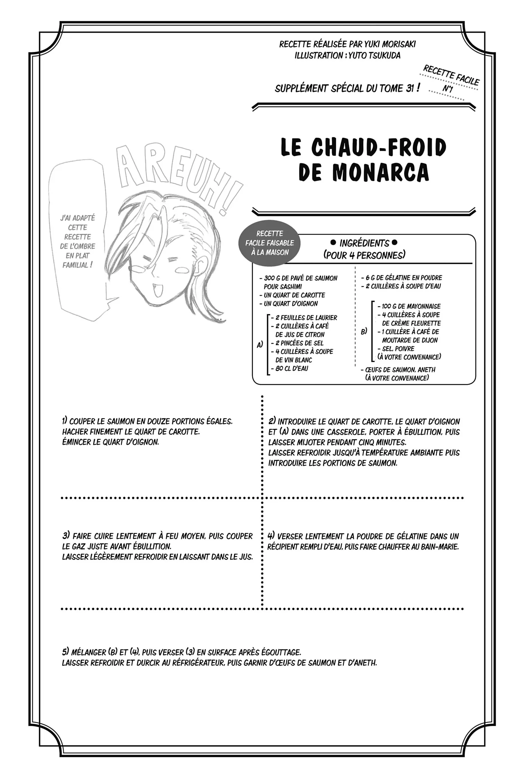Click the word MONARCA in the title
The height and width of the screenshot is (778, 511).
coord(381,172)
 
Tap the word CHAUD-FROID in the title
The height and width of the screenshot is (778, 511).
coord(379,147)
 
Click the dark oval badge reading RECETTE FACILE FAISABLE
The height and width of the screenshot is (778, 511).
coord(270,243)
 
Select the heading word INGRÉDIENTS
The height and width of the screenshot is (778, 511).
coord(364,243)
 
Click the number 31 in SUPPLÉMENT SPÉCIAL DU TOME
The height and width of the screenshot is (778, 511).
coord(410,88)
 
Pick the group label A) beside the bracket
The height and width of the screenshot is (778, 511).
coord(260,344)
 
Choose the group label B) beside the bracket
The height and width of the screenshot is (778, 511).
coord(364,331)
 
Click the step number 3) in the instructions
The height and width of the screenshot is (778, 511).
coord(66,536)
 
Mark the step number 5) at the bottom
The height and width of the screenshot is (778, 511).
coord(65,652)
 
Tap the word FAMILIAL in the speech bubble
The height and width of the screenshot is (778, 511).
coord(75,265)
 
